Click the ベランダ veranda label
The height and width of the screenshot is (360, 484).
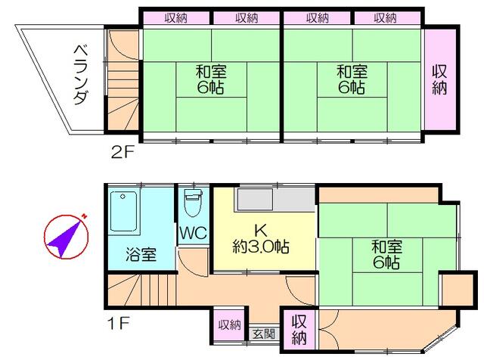82,75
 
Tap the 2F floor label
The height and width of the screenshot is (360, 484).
123,152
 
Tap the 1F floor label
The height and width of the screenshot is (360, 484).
118,323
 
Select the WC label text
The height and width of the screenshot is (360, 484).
194,233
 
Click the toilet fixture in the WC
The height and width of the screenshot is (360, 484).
194,203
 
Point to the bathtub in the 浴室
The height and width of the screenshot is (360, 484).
124,211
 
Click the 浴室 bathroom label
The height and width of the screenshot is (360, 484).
141,254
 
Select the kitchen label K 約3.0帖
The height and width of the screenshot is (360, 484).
261,239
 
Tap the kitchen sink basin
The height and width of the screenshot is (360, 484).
255,199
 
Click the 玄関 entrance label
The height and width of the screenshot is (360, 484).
264,334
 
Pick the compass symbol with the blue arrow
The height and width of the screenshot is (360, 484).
66,236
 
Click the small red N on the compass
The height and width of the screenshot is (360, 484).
84,216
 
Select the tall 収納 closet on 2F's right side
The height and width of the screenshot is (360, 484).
439,79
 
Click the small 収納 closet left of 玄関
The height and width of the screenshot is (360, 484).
230,324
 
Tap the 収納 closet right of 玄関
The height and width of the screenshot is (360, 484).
299,329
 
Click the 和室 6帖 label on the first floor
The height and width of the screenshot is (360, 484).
386,255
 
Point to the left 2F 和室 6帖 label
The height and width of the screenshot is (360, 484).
211,79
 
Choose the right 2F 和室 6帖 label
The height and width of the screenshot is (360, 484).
352,79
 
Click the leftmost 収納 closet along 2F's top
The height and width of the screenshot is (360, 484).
176,18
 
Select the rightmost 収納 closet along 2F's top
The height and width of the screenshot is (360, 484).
386,18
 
